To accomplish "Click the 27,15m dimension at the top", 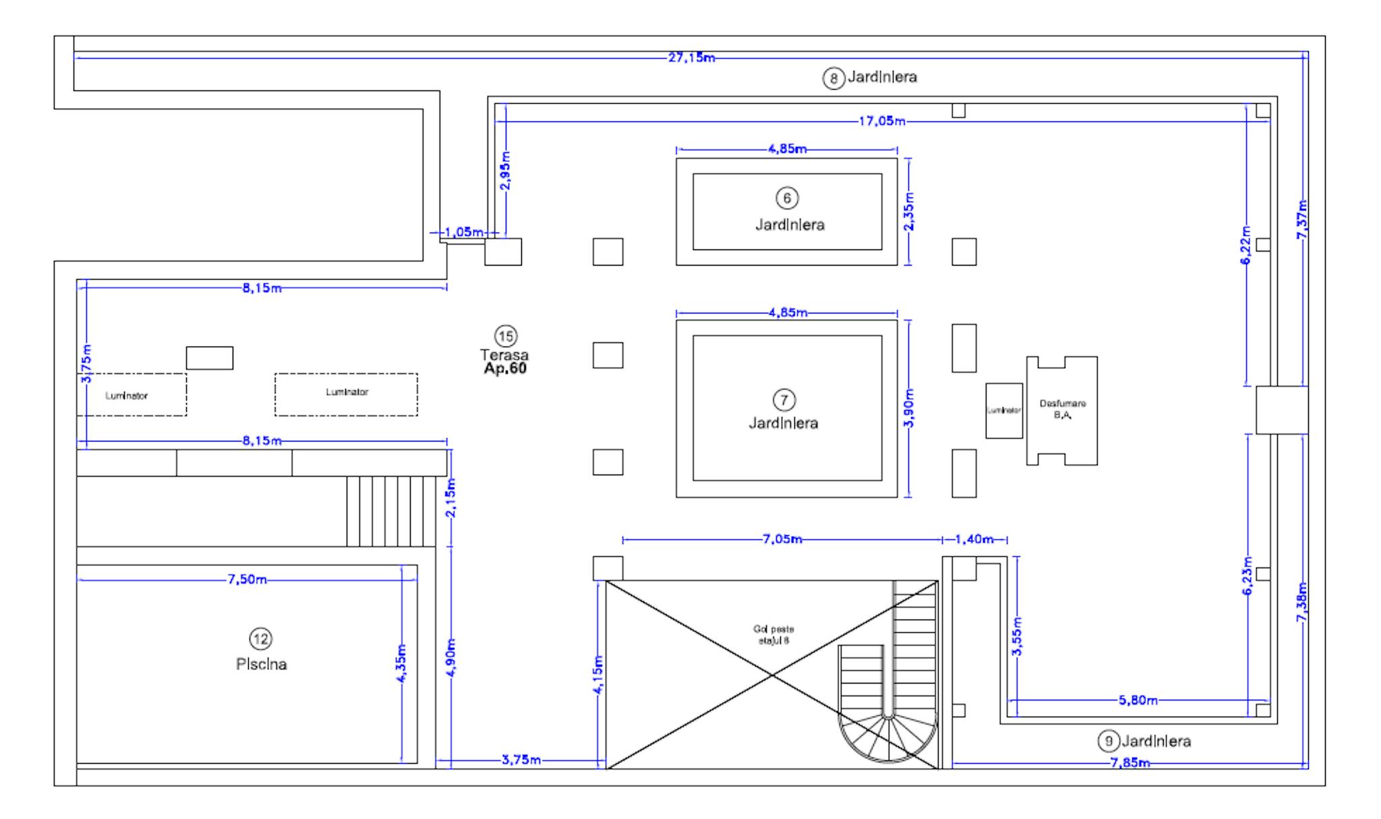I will tap(691, 58).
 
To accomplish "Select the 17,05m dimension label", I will tap(881, 121).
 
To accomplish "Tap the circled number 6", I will tap(786, 198).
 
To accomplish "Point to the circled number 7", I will tap(784, 400).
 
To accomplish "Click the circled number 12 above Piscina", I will tap(261, 638).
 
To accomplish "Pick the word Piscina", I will tap(262, 665).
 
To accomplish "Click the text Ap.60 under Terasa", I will tap(505, 369).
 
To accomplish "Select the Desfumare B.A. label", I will tap(1063, 410).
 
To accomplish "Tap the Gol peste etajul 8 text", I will tap(773, 635).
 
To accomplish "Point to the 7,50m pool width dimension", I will tap(247, 580).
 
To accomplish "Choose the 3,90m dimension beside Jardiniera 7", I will tap(909, 408).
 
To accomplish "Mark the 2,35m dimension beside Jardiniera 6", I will tap(909, 211).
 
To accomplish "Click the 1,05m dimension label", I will tap(464, 233).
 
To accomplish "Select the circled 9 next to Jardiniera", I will tap(1108, 741).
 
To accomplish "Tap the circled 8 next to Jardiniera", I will tap(833, 79).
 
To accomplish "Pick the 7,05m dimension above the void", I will tap(782, 539).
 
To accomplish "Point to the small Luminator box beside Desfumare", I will tap(1003, 411).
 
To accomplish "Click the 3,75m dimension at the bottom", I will tap(521, 760).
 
